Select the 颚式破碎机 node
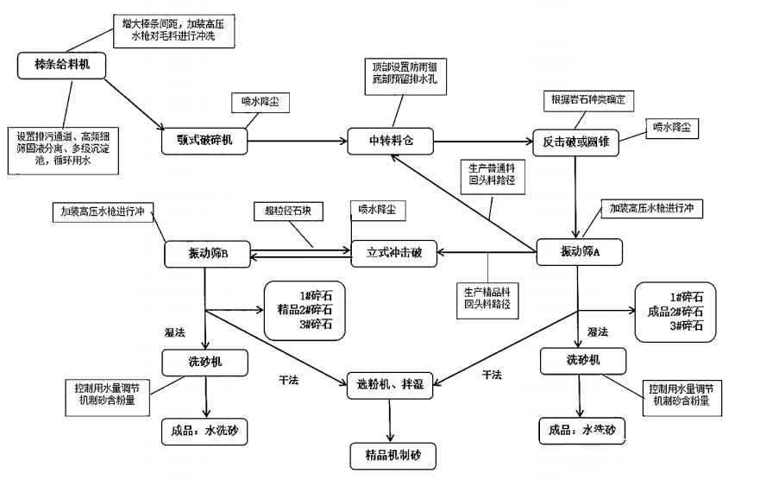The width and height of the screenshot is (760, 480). click(204, 139)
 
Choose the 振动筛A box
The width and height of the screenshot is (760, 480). click(574, 251)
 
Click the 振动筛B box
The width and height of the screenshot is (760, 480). click(207, 253)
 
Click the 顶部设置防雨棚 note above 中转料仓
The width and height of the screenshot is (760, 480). click(399, 73)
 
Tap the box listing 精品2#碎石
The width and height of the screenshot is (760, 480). click(305, 308)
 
